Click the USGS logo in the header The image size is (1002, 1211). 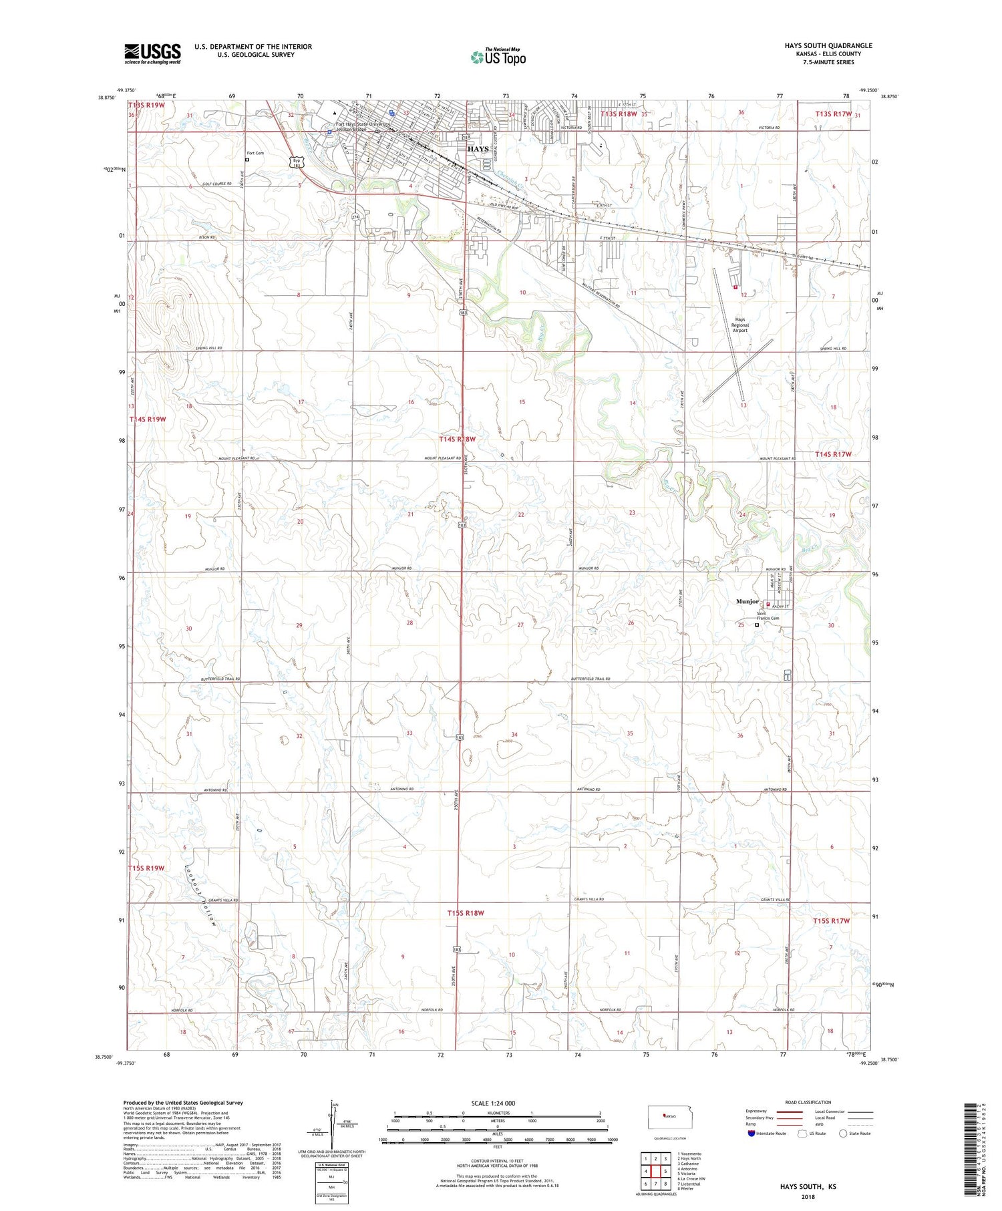click(x=152, y=53)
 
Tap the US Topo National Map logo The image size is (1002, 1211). click(x=498, y=57)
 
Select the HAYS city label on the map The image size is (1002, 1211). click(x=478, y=149)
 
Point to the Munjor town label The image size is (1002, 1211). click(x=747, y=602)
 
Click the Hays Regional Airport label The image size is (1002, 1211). click(x=740, y=325)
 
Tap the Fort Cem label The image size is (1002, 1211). click(x=255, y=153)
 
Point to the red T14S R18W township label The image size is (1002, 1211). click(x=458, y=439)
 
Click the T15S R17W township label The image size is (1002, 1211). click(x=832, y=921)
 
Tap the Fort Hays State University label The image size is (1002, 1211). click(x=363, y=124)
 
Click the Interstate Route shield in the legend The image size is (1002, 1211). click(x=751, y=1133)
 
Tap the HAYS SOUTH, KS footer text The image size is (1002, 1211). click(x=808, y=1187)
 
